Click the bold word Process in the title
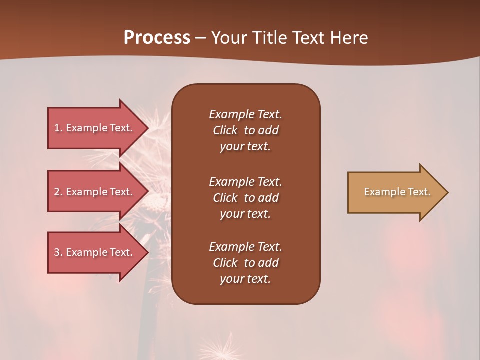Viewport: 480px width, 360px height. tap(157, 38)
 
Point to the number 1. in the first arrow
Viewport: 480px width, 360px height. tap(58, 128)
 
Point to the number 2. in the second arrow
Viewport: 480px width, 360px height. tap(58, 192)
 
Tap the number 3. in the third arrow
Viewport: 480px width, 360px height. tap(58, 252)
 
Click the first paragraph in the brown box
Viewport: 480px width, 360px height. tap(245, 130)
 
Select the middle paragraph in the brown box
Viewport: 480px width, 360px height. tap(245, 198)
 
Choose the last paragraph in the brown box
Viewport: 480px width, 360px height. tap(245, 263)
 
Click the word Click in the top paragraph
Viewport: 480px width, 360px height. tap(225, 130)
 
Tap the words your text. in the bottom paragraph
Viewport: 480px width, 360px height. tap(245, 279)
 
